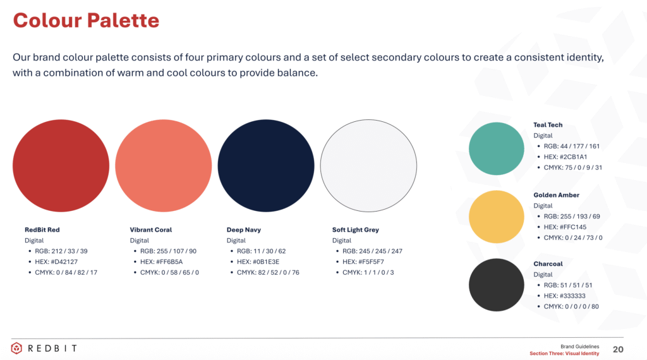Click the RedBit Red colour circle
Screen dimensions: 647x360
61,165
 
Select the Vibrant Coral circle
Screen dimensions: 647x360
164,165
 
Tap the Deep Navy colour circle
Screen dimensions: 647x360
266,165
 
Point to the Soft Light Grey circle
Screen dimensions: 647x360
368,165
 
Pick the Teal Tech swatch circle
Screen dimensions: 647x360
497,148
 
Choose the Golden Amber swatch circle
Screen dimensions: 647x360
497,217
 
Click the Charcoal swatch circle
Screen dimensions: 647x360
497,285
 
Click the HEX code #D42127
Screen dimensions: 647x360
56,262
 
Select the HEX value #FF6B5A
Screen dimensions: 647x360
161,262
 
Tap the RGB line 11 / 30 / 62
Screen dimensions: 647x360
261,251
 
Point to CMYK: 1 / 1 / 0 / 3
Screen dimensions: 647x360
368,273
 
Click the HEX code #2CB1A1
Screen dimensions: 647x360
565,157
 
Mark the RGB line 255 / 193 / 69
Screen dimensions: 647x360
572,217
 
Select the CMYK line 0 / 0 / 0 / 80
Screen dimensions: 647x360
571,307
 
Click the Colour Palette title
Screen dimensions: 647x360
86,20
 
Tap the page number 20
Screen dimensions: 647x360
618,350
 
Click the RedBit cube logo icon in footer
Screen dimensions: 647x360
16,349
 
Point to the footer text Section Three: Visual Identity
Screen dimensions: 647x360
564,354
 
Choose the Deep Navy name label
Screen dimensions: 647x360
244,230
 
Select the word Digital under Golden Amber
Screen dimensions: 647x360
543,206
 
